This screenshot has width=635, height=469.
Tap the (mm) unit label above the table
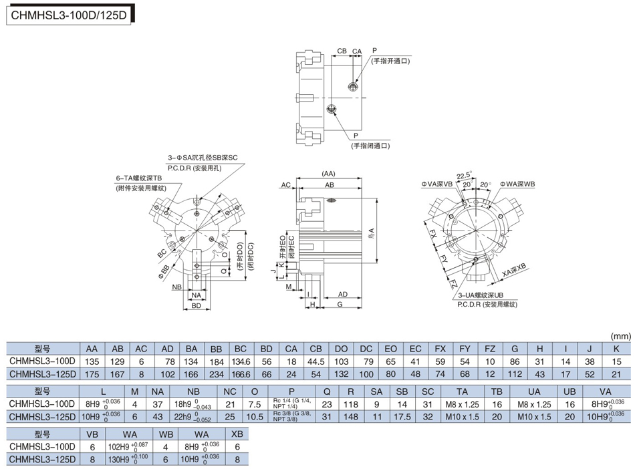click(x=621, y=335)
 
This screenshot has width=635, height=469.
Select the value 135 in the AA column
click(x=92, y=360)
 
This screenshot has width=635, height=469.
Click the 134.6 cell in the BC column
click(x=241, y=360)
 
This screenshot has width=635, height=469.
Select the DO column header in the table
click(x=341, y=348)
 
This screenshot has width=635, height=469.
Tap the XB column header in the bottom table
click(x=237, y=434)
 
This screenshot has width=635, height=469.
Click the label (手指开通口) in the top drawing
click(x=392, y=61)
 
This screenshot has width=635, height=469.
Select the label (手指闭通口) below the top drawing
click(x=371, y=145)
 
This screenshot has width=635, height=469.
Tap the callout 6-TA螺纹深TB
click(x=139, y=178)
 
